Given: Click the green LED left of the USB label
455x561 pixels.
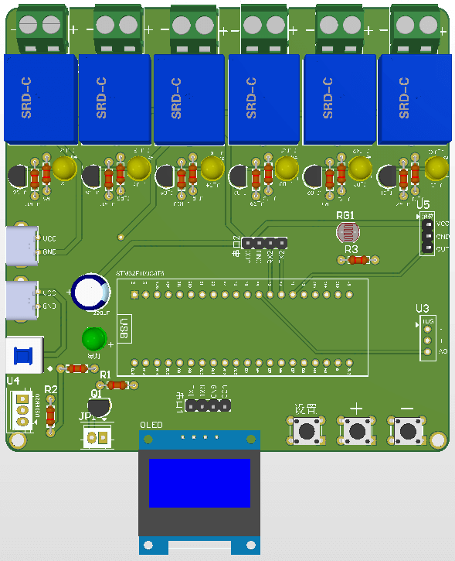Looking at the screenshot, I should tap(93, 339).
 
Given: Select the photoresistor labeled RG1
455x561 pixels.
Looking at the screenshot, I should tap(347, 232).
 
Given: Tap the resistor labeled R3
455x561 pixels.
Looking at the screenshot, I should tap(356, 261).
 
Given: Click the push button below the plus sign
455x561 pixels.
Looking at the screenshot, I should tap(356, 430).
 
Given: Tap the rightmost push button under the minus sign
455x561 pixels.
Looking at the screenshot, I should tap(407, 429).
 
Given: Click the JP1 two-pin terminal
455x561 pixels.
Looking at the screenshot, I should tap(97, 437).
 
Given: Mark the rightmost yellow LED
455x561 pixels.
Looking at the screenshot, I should tap(436, 168).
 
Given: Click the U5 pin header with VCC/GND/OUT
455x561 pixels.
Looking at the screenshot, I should tap(426, 235).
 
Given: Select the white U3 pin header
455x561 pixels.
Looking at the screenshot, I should tap(426, 337).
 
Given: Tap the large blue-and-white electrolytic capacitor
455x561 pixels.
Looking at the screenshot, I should tap(90, 292).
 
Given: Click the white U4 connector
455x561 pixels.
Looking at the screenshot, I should tap(22, 409).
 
